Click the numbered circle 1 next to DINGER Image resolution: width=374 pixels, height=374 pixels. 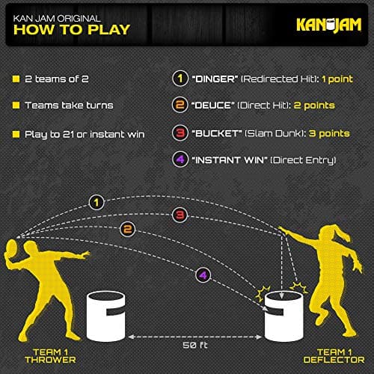(x=180, y=78)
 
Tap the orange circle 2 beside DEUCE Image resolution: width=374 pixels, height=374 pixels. (x=180, y=105)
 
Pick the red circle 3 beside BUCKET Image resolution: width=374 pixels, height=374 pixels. (x=180, y=133)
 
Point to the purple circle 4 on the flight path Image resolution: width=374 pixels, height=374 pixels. (x=201, y=275)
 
